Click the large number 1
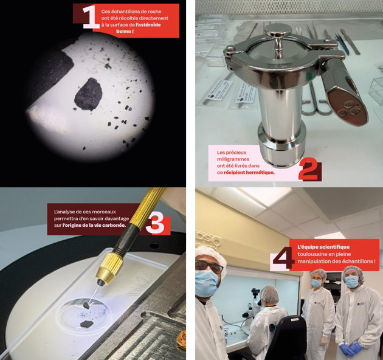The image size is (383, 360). coord(91,17)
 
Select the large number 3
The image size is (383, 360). coord(155,224)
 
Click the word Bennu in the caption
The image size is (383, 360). coord(123,31)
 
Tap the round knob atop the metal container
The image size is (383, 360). coord(278,30)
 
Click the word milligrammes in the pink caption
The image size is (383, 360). coord(230,159)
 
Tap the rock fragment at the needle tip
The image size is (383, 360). coord(86,305)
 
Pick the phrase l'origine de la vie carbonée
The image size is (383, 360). coord(94,225)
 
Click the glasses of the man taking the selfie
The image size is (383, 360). coord(209,266)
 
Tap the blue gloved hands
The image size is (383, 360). coord(351,348)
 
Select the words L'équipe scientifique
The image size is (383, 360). coord(323,247)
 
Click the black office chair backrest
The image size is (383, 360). coord(289,337)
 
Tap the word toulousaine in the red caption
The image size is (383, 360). coord(310,254)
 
